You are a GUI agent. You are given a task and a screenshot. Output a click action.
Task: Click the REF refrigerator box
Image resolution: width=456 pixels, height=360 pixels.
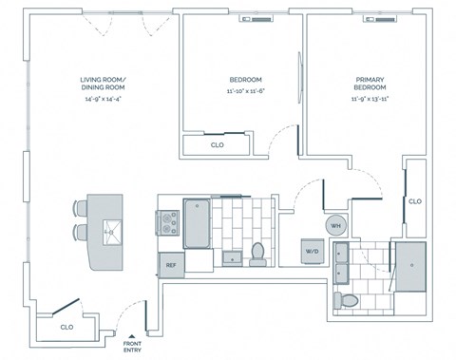tap(171, 266)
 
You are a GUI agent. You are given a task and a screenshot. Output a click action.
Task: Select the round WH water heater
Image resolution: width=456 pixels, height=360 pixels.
tap(335, 226)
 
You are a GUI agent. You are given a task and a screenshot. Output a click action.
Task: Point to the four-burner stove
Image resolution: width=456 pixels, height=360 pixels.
tap(169, 223)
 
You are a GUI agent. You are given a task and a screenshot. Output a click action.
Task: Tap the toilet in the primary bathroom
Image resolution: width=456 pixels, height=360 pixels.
tap(346, 300)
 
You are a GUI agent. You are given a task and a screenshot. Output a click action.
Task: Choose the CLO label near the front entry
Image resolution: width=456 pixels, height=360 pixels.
tap(66, 327)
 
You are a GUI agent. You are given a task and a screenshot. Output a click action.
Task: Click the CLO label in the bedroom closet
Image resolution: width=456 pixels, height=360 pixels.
tap(217, 145)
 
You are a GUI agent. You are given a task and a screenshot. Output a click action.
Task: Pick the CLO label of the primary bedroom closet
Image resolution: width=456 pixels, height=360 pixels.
tap(414, 201)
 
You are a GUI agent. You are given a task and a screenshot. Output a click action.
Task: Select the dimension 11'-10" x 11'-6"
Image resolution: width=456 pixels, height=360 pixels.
tap(245, 92)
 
